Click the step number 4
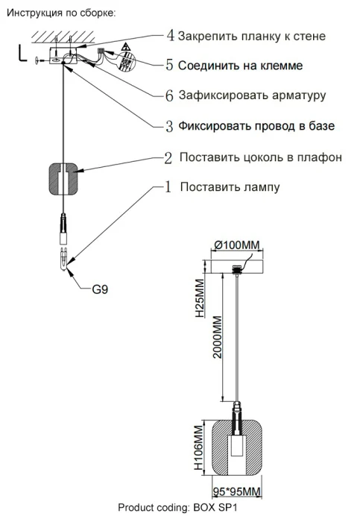coord(170,35)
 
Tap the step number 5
coord(170,65)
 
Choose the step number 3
coord(170,126)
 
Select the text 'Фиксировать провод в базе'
coord(256,126)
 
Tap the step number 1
coord(168,186)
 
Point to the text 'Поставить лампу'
coord(230,187)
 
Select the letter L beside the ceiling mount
coord(21,53)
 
